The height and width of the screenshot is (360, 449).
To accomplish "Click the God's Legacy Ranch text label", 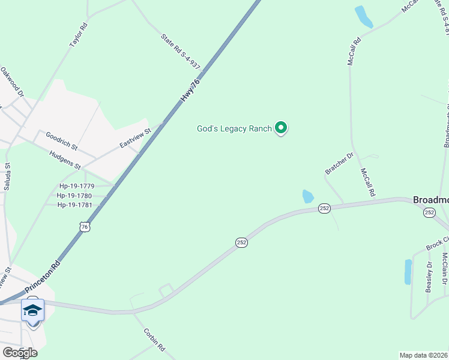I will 234,128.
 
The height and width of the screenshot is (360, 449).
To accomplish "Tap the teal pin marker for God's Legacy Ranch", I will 280,128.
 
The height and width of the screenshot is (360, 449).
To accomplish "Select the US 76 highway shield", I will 85,226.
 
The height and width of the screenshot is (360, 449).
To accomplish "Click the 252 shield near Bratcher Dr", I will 324,208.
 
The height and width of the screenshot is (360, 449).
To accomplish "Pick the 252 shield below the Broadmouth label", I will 429,213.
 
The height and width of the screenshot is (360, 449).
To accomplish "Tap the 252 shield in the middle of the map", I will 241,242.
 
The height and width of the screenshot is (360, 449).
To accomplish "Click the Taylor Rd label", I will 78,35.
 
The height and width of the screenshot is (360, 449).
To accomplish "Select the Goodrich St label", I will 62,142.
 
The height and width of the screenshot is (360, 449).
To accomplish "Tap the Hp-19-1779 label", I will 76,186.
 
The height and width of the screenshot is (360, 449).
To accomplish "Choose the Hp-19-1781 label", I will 74,205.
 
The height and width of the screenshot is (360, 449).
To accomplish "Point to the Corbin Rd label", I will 154,339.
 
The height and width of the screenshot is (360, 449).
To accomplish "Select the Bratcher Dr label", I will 340,163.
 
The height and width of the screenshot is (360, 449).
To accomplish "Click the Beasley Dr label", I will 429,277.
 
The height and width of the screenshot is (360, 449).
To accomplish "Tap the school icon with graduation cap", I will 32,310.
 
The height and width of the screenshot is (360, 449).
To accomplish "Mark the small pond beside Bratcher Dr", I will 307,196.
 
